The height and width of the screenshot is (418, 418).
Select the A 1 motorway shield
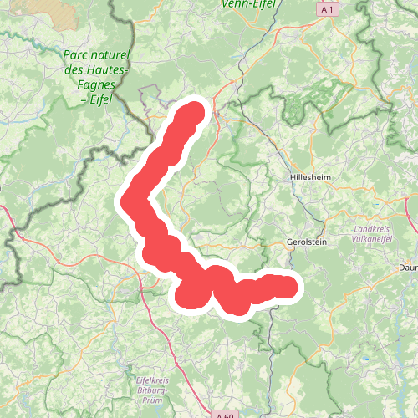click(x=329, y=8)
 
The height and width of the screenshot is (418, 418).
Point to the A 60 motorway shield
click(x=223, y=414)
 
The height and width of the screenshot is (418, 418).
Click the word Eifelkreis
click(x=151, y=382)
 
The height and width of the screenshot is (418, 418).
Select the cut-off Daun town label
click(x=409, y=268)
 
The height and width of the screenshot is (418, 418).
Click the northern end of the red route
click(x=194, y=112)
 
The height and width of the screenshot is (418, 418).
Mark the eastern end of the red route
click(x=287, y=288)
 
